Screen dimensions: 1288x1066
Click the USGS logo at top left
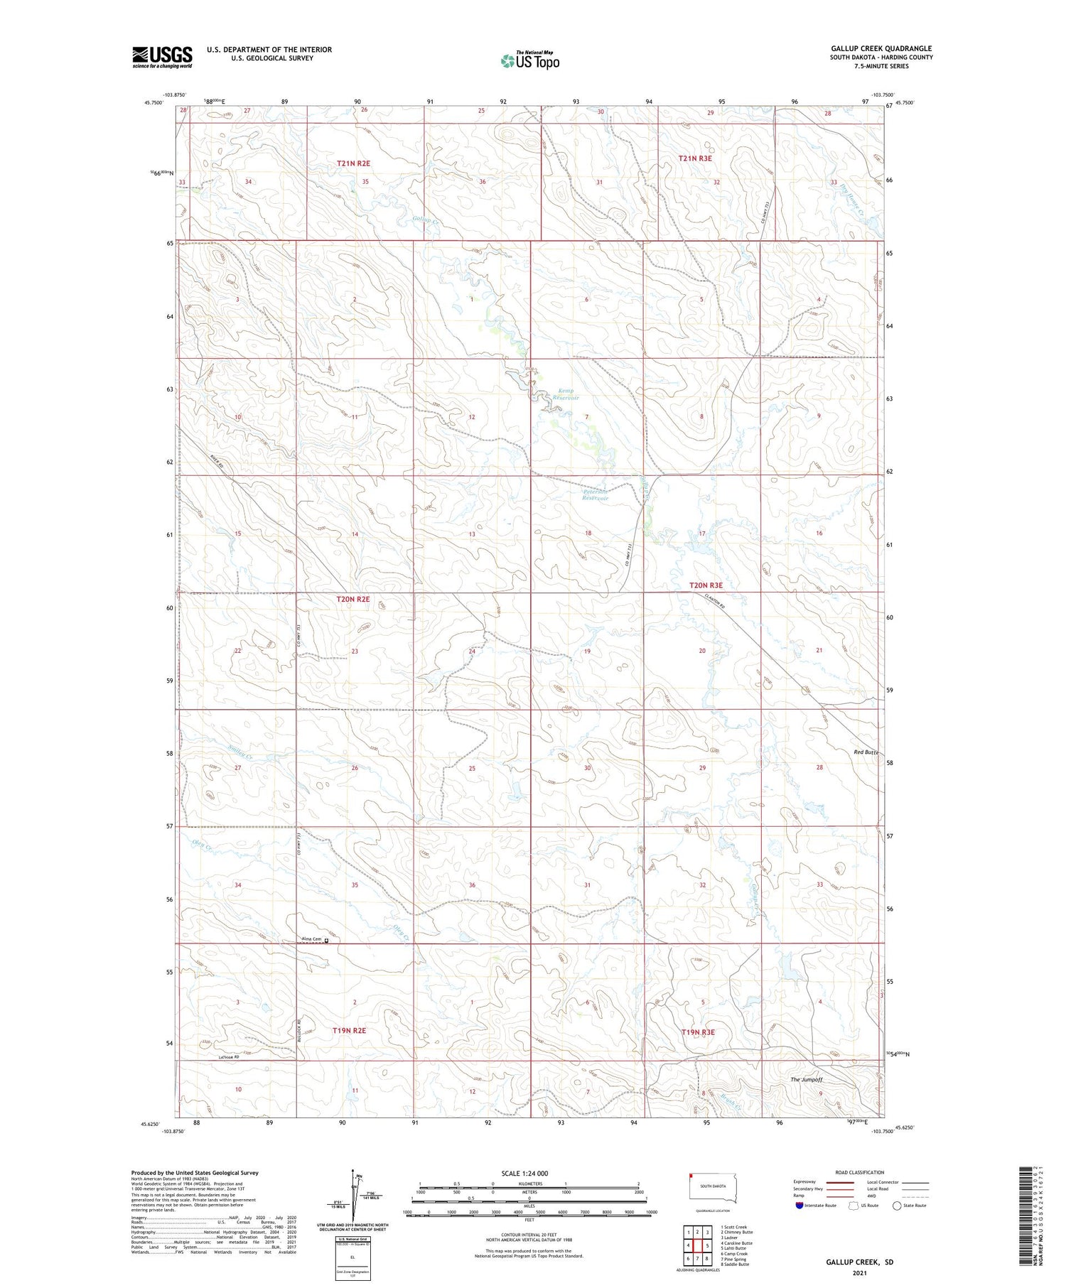point(162,57)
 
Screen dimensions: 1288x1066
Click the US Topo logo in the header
point(529,60)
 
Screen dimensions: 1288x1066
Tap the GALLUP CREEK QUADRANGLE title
point(881,48)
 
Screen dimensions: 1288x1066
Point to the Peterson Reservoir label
point(596,494)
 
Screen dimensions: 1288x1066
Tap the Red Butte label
point(866,752)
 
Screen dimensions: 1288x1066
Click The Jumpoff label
point(806,1079)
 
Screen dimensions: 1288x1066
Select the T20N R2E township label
point(352,599)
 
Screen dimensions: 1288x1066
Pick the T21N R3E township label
point(694,158)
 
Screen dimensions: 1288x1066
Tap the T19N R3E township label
point(697,1032)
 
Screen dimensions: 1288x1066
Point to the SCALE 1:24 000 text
point(529,1174)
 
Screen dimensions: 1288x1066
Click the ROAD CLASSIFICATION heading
point(859,1172)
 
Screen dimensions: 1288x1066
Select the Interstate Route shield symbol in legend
point(799,1206)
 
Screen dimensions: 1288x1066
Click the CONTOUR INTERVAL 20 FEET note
point(529,1235)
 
